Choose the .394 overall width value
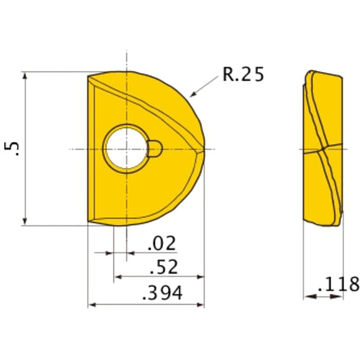click(162, 293)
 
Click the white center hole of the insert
click(126, 149)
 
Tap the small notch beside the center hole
click(156, 149)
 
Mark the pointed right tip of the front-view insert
click(205, 149)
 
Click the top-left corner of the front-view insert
click(89, 75)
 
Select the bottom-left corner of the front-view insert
click(89, 223)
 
